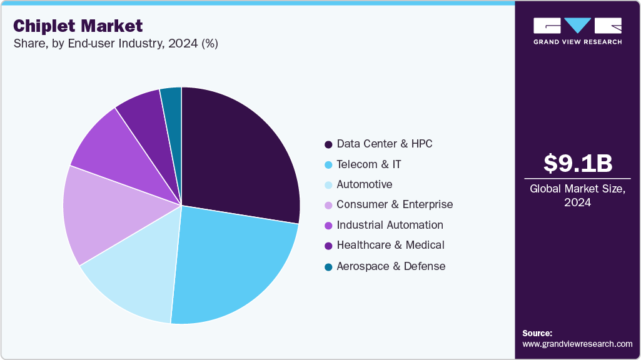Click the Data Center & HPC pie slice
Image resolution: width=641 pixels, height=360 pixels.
tap(238, 156)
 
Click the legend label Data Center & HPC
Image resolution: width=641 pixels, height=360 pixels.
tap(384, 144)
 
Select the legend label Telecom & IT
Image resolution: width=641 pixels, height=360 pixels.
tap(368, 164)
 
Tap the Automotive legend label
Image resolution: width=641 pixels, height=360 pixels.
tap(364, 184)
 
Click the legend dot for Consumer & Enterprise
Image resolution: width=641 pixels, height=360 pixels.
tap(328, 205)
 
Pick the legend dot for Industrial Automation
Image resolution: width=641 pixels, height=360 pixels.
tap(328, 226)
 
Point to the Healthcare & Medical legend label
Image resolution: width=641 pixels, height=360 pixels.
tap(390, 245)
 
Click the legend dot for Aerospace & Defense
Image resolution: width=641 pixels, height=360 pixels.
tap(328, 267)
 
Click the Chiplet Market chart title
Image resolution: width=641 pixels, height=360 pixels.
tap(78, 26)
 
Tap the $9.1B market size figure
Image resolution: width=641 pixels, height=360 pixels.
tap(577, 163)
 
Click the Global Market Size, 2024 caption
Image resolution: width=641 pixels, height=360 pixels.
tap(577, 195)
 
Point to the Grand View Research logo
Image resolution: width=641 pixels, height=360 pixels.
tap(577, 31)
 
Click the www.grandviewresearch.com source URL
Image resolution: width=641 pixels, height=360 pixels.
tap(577, 344)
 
